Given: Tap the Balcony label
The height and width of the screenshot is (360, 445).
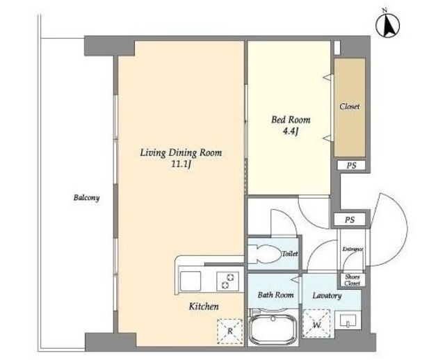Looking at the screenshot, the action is [86, 197].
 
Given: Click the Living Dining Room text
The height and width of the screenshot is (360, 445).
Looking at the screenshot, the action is [181, 153].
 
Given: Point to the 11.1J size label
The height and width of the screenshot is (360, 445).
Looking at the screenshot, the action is [181, 165].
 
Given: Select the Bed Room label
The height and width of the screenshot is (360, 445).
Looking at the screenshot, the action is [291, 120].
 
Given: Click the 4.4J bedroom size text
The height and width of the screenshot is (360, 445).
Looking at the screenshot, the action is [291, 131].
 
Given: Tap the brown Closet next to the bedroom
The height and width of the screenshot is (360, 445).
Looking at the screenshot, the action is [350, 107].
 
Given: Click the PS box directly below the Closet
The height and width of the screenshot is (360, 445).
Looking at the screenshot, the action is [351, 165].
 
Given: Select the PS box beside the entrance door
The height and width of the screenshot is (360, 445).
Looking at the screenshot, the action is [350, 220].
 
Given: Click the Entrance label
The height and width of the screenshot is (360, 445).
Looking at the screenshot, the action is [353, 249].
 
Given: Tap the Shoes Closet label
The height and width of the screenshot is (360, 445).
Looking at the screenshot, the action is [353, 280].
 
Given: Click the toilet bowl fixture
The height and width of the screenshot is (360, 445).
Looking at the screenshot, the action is [267, 254].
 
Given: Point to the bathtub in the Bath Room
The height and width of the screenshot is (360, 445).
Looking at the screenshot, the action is [273, 329].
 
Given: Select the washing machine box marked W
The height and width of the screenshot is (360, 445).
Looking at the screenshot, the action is [317, 324].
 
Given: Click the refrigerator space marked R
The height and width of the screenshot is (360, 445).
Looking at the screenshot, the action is [230, 332].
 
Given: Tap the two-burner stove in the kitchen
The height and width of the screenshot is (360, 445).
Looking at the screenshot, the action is [227, 281].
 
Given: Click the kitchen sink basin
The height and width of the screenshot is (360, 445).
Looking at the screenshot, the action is [191, 281].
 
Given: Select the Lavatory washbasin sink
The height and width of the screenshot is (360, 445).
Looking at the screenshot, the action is [348, 320].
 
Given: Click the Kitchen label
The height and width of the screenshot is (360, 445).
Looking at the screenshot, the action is [204, 306].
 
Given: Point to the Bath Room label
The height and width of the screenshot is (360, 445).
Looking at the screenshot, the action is [275, 295].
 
